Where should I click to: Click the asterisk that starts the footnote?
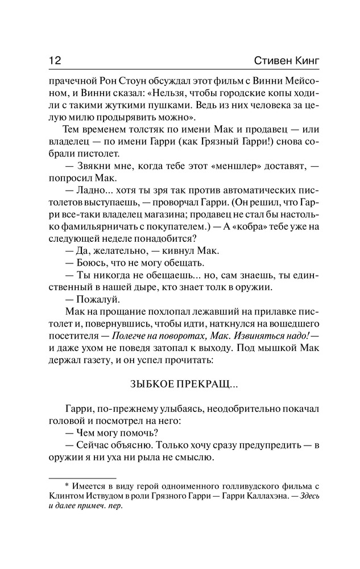[67, 486]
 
